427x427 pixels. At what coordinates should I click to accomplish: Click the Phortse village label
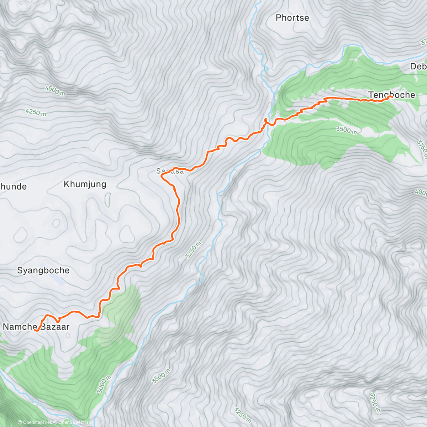pyautogui.click(x=292, y=18)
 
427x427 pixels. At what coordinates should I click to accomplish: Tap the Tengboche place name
pyautogui.click(x=391, y=95)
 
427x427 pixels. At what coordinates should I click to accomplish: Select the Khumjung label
pyautogui.click(x=85, y=184)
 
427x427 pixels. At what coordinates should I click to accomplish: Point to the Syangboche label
pyautogui.click(x=43, y=270)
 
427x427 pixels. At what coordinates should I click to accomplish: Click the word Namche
pyautogui.click(x=20, y=327)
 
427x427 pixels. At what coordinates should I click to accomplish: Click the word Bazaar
pyautogui.click(x=55, y=327)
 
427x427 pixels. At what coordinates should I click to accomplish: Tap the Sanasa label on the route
pyautogui.click(x=170, y=171)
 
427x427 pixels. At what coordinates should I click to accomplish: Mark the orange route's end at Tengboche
pyautogui.click(x=391, y=96)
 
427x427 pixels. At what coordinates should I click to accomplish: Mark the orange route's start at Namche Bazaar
pyautogui.click(x=36, y=331)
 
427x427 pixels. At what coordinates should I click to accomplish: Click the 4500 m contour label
pyautogui.click(x=55, y=90)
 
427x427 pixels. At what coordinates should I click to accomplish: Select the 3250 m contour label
pyautogui.click(x=193, y=250)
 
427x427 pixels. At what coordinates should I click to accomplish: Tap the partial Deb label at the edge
pyautogui.click(x=418, y=66)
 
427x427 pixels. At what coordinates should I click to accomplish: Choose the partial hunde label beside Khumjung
pyautogui.click(x=13, y=186)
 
